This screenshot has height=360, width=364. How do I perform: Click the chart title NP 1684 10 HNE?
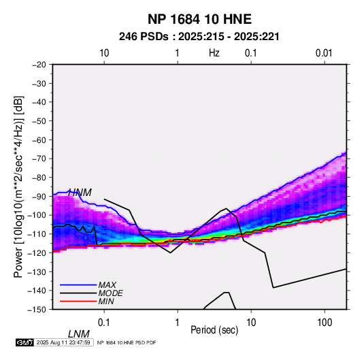199,19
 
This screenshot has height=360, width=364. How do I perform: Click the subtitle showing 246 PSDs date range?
199,37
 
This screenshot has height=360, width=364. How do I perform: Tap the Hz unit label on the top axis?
214,53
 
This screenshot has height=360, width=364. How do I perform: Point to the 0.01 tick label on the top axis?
324,53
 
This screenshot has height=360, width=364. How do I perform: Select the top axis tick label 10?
104,53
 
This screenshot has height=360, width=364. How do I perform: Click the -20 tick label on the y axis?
39,65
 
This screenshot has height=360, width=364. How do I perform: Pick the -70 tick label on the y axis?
39,159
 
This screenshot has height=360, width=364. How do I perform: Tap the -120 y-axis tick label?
37,252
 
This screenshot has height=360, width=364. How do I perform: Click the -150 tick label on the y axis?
37,310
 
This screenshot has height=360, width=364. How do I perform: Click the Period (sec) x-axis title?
214,330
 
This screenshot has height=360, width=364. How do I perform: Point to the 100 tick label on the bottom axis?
325,323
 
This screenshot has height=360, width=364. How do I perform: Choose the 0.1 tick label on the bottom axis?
103,323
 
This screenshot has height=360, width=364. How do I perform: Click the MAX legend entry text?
107,285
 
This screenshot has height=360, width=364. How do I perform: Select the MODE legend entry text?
110,293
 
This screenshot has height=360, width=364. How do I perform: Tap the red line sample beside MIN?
78,301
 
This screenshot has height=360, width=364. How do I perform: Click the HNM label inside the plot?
80,193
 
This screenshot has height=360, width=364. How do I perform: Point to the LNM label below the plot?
79,334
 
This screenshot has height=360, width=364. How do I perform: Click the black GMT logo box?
25,342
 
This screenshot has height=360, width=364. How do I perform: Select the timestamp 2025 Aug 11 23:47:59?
63,342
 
